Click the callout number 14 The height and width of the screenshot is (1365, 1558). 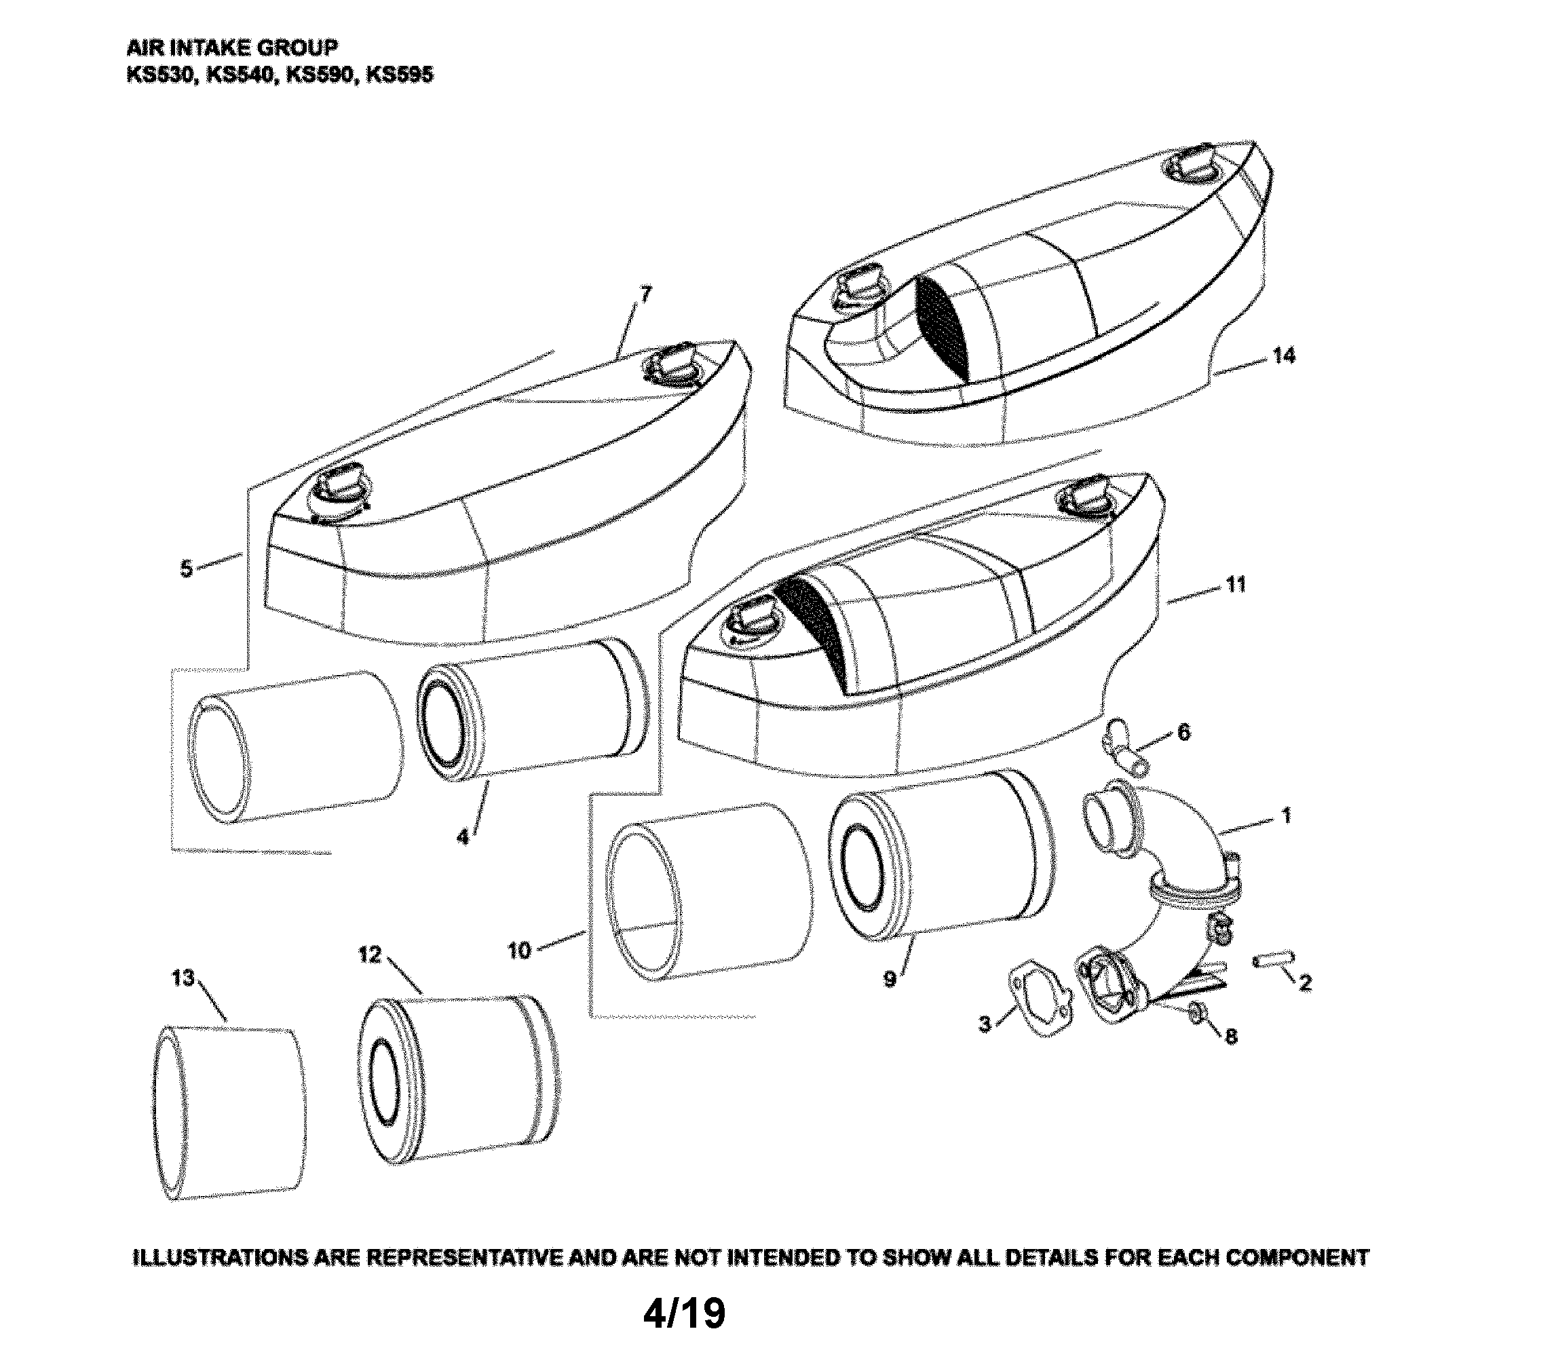(x=1284, y=355)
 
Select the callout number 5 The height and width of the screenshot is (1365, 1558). (x=187, y=569)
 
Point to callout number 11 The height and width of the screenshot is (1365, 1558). (x=1236, y=584)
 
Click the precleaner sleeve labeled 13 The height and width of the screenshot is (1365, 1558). (x=229, y=1112)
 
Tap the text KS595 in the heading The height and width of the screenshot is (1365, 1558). (x=399, y=75)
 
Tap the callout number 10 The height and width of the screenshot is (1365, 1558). (x=519, y=950)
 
